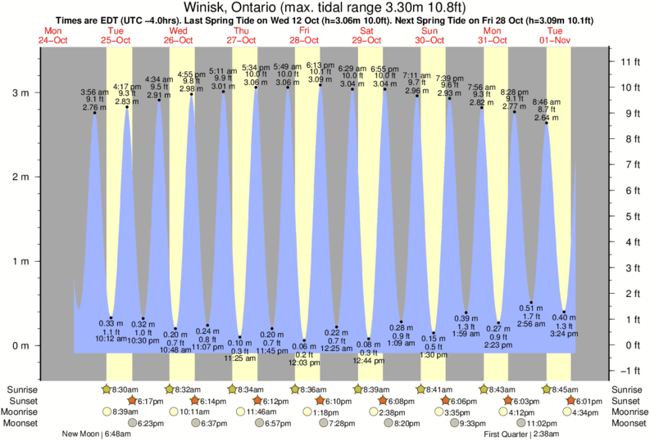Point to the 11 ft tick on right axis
(x=630, y=61)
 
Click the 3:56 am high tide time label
(x=95, y=92)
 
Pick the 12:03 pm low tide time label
(x=303, y=362)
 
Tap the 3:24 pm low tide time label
(x=564, y=333)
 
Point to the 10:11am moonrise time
(x=190, y=412)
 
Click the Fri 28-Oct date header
(x=303, y=34)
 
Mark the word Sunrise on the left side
(x=20, y=389)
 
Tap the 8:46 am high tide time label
(x=546, y=102)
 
